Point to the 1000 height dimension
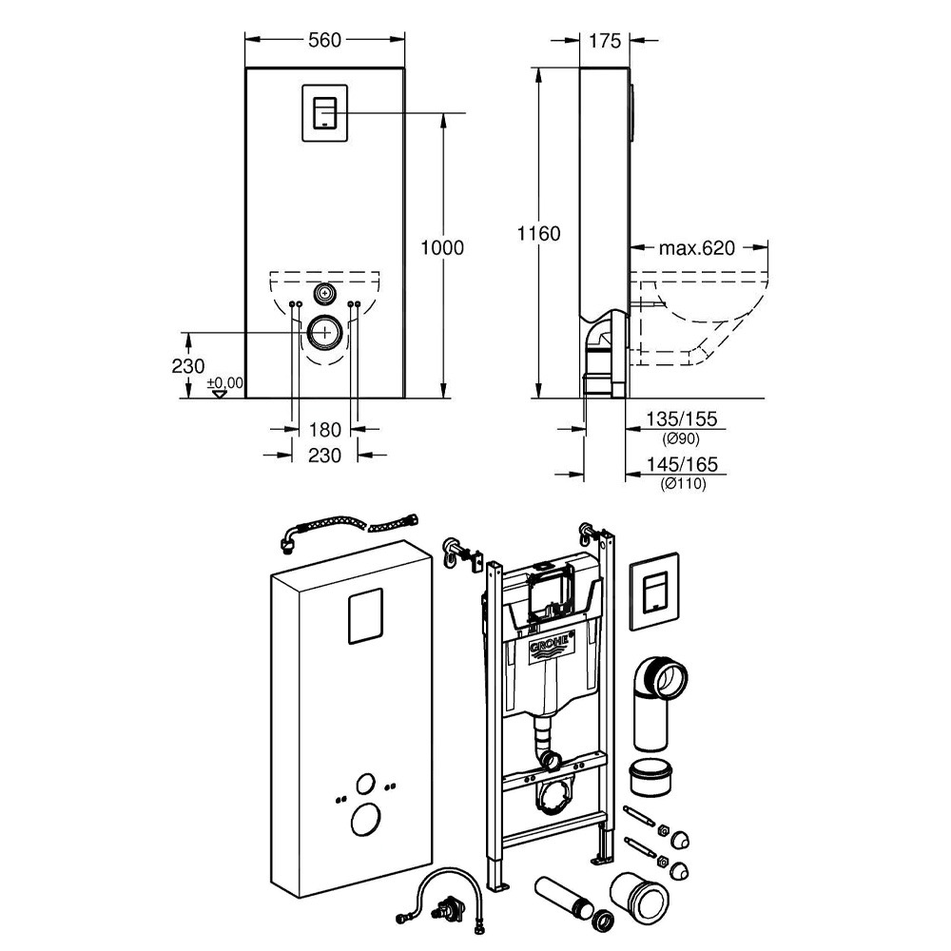(442, 248)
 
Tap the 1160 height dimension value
(538, 233)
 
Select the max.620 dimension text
(698, 248)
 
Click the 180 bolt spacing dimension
(325, 429)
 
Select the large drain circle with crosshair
(325, 332)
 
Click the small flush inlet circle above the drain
(325, 293)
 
